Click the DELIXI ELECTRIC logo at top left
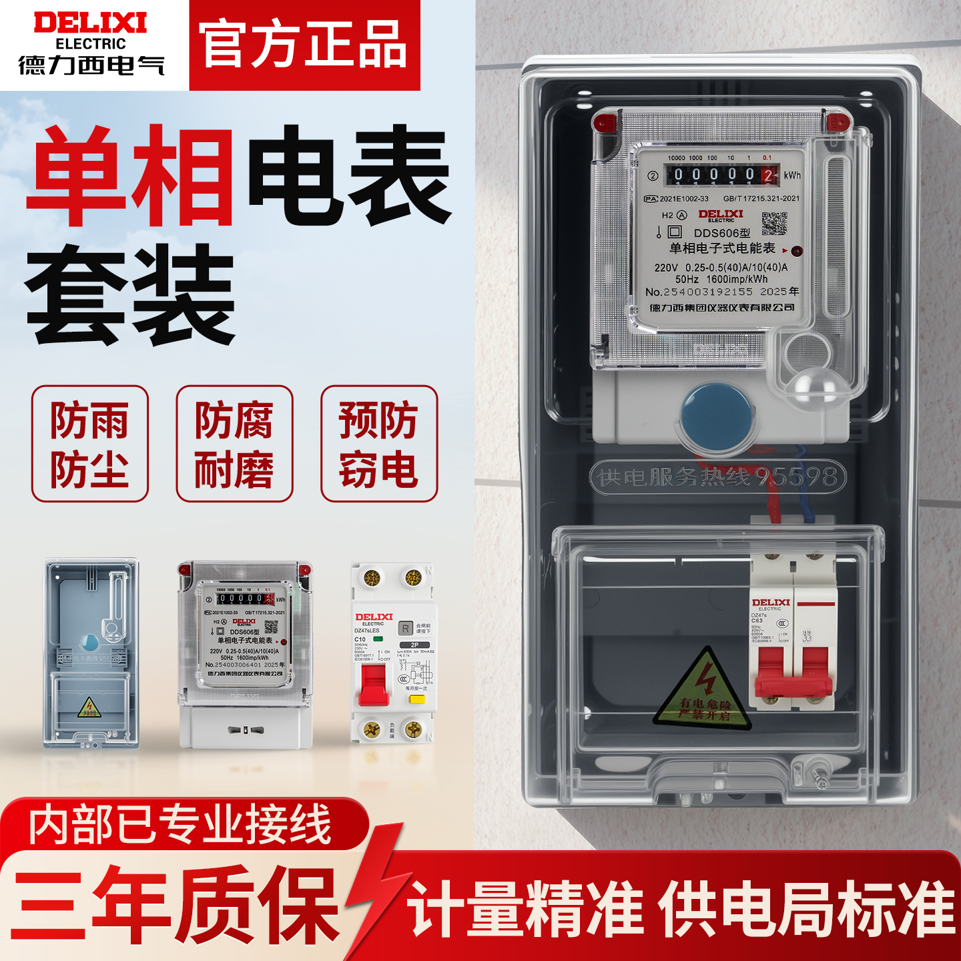click(x=91, y=43)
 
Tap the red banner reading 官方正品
click(x=304, y=45)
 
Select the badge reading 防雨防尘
click(x=89, y=444)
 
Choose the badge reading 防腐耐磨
click(x=234, y=444)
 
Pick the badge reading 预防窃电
click(x=379, y=444)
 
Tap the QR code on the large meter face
click(x=774, y=224)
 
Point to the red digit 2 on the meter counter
click(x=768, y=176)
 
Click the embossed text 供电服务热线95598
click(x=717, y=477)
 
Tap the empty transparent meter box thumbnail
click(x=91, y=654)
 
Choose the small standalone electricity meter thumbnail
click(x=245, y=654)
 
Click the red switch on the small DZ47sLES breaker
click(x=374, y=684)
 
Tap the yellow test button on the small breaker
click(x=417, y=699)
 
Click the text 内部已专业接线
click(x=180, y=825)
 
